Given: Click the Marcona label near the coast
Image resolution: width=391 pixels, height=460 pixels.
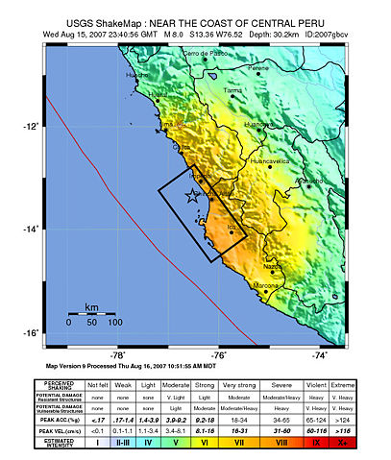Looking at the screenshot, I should point(267,285).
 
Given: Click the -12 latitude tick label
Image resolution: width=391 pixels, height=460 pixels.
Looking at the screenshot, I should point(31,126).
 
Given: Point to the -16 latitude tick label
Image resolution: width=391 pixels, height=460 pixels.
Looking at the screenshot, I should point(31,333).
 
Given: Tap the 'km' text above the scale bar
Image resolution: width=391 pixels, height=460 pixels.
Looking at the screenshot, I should point(91,307).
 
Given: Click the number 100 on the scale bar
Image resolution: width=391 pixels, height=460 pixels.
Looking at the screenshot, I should point(114,323).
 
